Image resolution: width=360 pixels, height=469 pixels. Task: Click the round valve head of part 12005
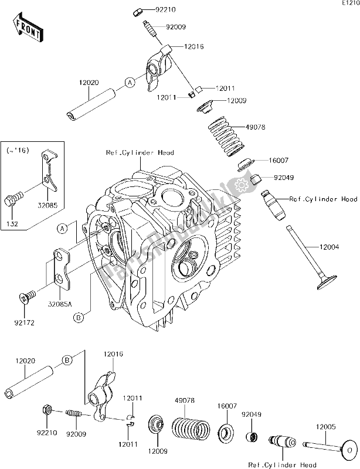click(348, 451)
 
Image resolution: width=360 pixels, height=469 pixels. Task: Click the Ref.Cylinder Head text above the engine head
click(140, 152)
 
